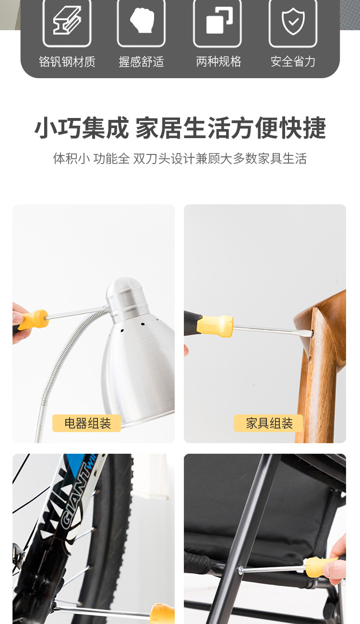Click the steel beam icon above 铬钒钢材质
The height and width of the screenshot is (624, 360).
pos(67,20)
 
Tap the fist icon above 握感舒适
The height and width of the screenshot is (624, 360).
pos(142,20)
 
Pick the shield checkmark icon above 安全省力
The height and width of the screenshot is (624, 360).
pos(293,21)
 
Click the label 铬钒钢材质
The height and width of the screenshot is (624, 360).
pos(67,61)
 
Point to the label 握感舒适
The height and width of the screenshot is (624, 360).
pos(142,61)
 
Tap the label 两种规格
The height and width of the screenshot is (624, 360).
pos(218,61)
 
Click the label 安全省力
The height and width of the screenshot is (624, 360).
pos(293,61)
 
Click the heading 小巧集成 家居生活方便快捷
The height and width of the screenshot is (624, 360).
pos(180,128)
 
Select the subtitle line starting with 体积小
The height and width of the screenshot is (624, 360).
pos(180,158)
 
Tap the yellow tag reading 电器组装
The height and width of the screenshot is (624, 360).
pos(87,423)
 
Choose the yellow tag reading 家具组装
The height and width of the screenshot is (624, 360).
pos(268,423)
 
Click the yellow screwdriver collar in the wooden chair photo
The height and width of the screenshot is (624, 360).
pos(215,326)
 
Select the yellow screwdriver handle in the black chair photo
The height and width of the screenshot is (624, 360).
pos(321,567)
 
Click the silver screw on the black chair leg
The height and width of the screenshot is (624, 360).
pos(240,570)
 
